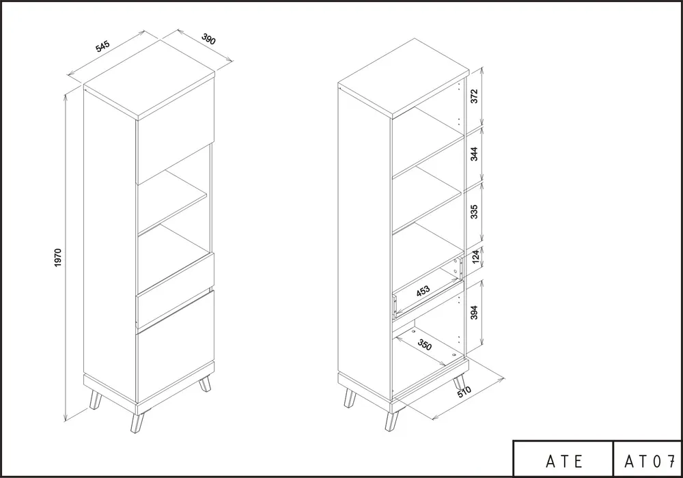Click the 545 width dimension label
click(x=103, y=46)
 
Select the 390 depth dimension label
click(x=208, y=39)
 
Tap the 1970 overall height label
click(x=58, y=257)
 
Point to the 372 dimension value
click(x=475, y=96)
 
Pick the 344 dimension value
click(x=475, y=154)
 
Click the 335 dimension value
click(x=475, y=212)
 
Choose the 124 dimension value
click(x=475, y=256)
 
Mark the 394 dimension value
click(x=475, y=313)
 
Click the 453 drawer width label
click(x=423, y=291)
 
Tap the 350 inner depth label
click(x=425, y=344)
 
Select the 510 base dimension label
click(x=464, y=392)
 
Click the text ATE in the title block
click(x=565, y=461)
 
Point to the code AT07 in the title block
click(x=650, y=461)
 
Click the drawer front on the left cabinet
click(x=175, y=290)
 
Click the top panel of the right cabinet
click(x=404, y=77)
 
